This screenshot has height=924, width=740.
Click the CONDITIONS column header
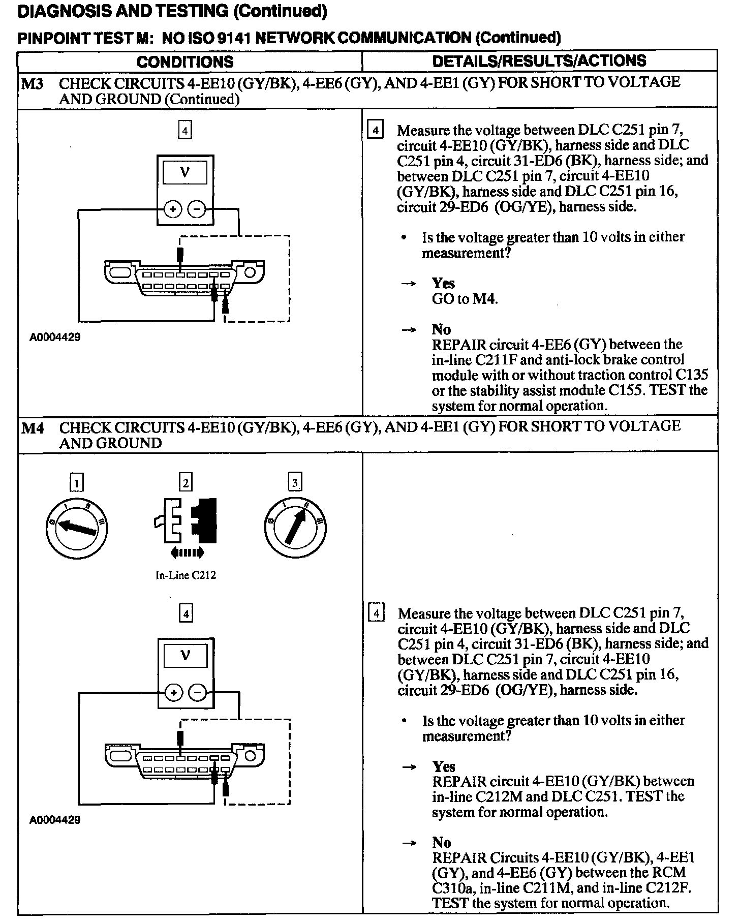tap(185, 61)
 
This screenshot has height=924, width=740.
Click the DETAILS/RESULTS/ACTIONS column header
tap(539, 61)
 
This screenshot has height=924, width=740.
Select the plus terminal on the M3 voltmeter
tap(173, 209)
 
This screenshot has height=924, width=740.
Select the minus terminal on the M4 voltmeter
tap(197, 692)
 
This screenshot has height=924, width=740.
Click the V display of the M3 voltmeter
tap(185, 172)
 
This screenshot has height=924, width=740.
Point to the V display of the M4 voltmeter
tap(185, 656)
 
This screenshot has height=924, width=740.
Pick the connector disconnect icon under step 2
tap(186, 521)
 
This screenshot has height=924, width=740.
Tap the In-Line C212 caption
tap(186, 576)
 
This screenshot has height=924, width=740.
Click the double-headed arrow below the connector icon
tap(187, 552)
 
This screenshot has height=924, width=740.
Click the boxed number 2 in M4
tap(186, 482)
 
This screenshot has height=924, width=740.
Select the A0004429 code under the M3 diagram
tap(55, 337)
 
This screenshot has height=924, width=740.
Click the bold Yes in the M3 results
tap(443, 283)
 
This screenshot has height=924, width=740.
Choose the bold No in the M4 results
tap(442, 842)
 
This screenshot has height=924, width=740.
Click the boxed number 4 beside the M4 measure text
tap(376, 613)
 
